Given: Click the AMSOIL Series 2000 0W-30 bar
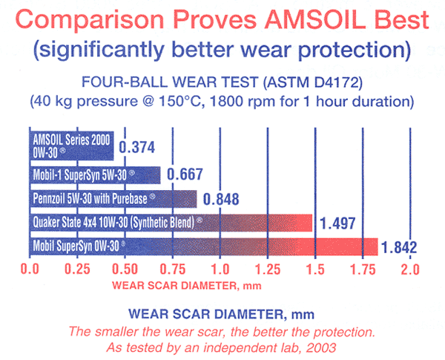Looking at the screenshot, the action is point(72,145).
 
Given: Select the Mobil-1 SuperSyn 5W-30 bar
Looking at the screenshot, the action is point(95,175).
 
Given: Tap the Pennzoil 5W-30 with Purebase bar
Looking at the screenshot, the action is point(113,199).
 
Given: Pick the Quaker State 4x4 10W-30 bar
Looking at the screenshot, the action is point(171,223).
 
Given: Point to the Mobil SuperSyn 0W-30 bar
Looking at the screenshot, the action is point(204,246).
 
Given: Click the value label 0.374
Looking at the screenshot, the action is point(136,147).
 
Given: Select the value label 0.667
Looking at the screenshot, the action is point(185,174).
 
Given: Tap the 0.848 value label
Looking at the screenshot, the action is point(221,199).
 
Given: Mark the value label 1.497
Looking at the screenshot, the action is point(337,223).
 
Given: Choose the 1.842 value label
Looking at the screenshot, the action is point(399,247).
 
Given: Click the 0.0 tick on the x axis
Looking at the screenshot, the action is point(30,269).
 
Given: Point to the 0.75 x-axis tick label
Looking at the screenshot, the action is point(173,269).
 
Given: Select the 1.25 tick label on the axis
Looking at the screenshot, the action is point(268,269).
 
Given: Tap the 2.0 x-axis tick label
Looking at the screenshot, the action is point(410,269).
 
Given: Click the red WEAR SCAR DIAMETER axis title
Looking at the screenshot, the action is point(187,285).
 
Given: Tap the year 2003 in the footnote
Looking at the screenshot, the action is point(321,347).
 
